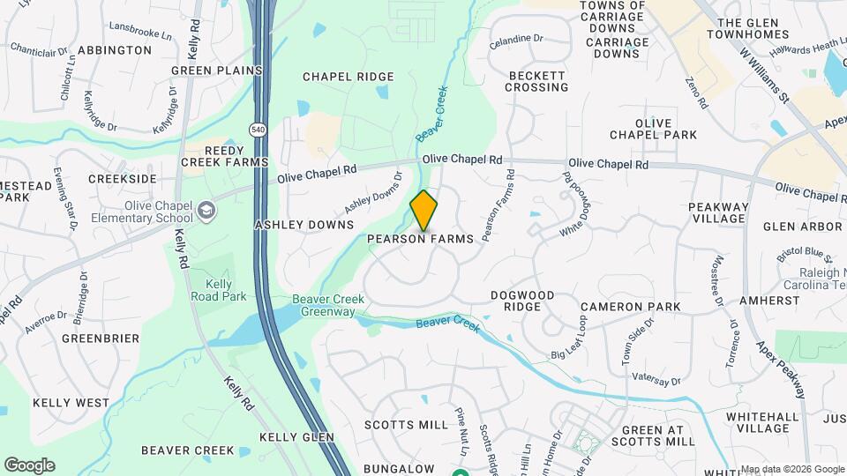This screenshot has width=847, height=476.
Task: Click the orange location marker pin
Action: [424, 210]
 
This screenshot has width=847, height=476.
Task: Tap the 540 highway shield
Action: [258, 130]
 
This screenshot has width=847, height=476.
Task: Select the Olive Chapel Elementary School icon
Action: [206, 211]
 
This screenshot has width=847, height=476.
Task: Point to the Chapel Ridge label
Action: [349, 77]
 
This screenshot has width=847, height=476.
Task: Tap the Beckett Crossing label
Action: [537, 81]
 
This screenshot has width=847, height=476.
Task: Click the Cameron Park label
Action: [630, 307]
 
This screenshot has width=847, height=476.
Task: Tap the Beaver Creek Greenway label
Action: [327, 306]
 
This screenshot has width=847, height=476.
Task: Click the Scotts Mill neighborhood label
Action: [407, 425]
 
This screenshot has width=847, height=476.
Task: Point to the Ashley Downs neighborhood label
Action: [304, 225]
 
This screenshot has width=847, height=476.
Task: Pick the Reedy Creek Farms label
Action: [225, 156]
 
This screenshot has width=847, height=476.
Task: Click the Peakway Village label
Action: [718, 213]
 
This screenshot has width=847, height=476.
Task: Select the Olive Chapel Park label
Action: [654, 129]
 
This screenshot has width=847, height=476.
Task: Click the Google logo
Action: [29, 465]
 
